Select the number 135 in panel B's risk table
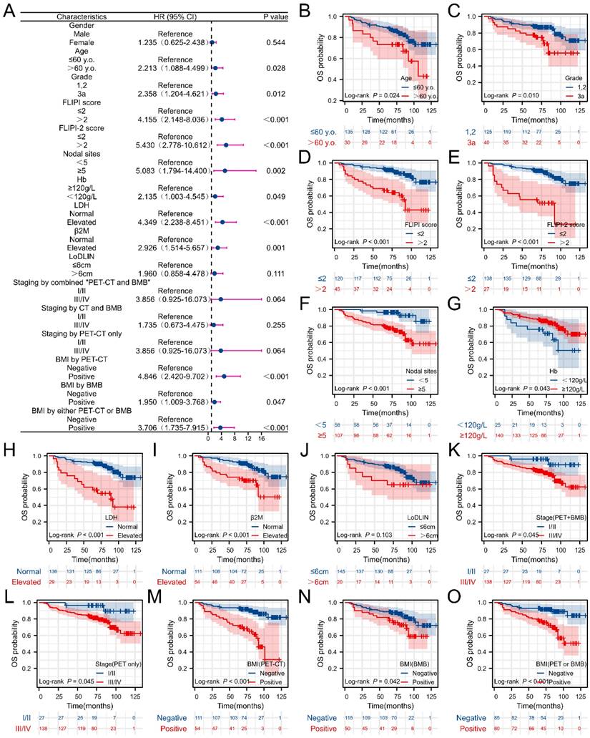[x=349, y=132]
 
